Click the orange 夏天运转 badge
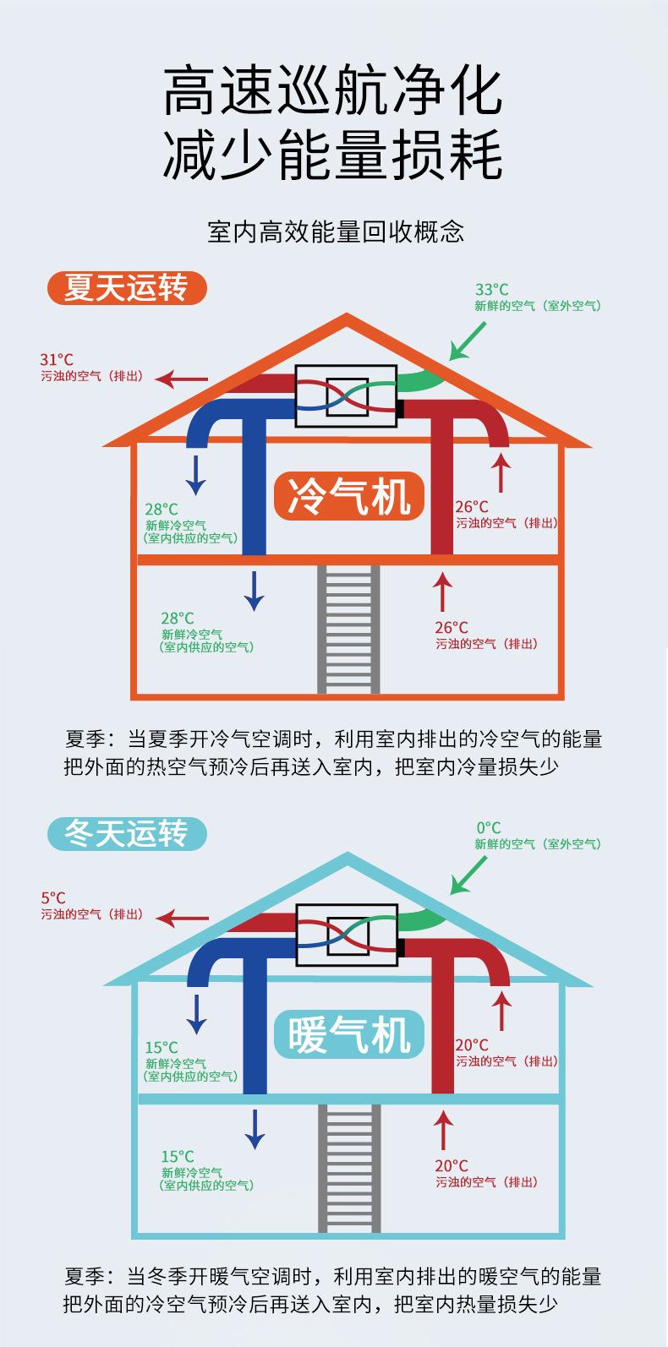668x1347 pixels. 126,289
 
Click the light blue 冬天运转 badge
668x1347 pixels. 126,834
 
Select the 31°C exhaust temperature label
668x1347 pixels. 52,359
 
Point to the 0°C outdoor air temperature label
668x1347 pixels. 488,827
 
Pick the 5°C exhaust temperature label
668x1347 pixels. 52,897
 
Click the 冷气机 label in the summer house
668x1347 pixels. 349,496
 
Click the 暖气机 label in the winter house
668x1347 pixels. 349,1034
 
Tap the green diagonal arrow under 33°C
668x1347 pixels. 468,341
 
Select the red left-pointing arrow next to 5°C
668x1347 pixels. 183,917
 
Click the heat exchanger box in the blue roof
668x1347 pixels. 347,934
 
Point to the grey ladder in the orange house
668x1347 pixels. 348,629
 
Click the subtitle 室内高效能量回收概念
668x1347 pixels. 335,232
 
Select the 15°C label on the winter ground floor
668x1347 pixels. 178,1156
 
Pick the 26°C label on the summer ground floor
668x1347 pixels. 451,627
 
